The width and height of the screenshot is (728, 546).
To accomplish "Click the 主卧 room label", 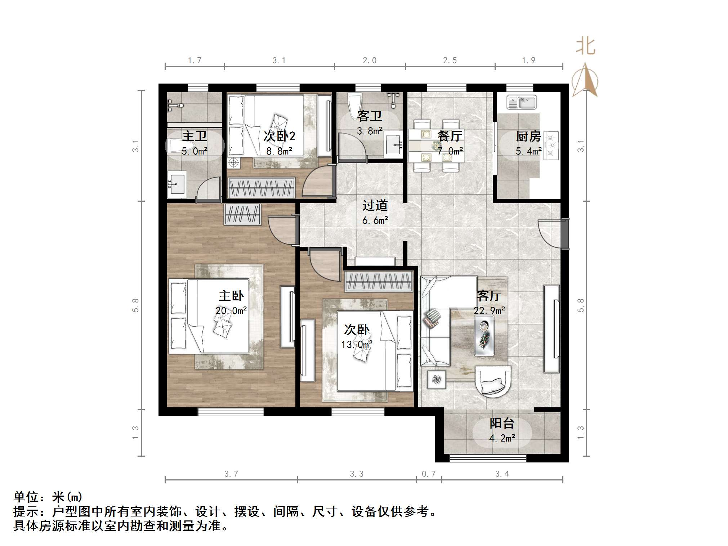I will point(231,296).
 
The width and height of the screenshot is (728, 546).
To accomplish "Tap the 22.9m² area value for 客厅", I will point(489,310).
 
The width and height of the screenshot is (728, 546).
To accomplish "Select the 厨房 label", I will point(528,136).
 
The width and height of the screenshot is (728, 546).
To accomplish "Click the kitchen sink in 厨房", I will point(522,102).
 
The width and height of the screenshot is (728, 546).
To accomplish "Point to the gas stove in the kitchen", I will point(551,146).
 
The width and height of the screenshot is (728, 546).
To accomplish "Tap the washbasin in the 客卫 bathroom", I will point(393,145).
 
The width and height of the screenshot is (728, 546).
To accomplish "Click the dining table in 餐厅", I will point(436,146).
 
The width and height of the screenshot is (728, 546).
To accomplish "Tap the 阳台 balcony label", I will point(501,424).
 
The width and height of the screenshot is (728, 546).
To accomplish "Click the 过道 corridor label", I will point(375,206).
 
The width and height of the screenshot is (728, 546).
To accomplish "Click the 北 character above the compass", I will point(585,47).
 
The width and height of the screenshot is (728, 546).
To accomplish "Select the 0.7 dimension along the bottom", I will point(429,474).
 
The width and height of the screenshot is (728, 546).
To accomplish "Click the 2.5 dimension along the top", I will point(450,61).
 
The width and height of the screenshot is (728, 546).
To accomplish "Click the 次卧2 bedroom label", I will point(279,136).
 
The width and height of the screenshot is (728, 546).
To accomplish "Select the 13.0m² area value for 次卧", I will point(357,345).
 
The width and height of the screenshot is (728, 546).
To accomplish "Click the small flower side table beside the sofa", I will point(437,380).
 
